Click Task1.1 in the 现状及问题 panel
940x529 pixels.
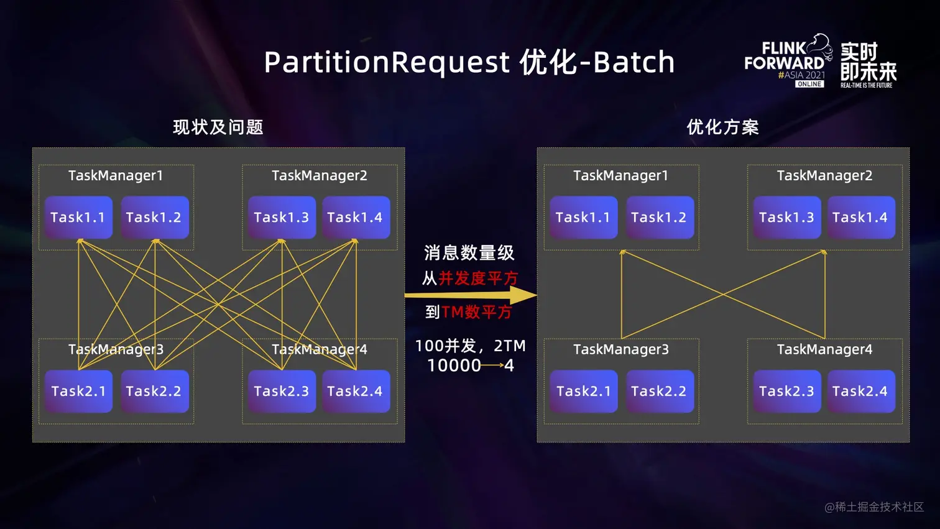pos(78,218)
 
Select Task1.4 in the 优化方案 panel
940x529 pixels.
pos(860,218)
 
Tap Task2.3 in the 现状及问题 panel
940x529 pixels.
pos(282,391)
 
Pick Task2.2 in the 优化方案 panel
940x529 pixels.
pos(659,391)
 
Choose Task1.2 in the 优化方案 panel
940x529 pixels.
pos(659,218)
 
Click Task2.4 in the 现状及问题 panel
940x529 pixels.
pos(355,391)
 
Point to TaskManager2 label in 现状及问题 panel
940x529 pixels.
pos(320,176)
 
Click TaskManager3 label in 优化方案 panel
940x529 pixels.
pos(621,349)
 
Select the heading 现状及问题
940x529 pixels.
pos(218,127)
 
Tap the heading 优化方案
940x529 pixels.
pos(722,127)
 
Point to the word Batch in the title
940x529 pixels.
pos(634,63)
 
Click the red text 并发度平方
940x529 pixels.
pos(478,278)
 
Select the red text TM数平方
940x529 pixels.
pos(477,312)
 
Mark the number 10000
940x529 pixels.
pos(454,366)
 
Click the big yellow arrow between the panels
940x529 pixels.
pos(471,295)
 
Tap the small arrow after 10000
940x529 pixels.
pos(492,366)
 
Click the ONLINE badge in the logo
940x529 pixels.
pos(809,84)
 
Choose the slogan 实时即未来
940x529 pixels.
pos(868,62)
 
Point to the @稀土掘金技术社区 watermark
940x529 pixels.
pos(874,507)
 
